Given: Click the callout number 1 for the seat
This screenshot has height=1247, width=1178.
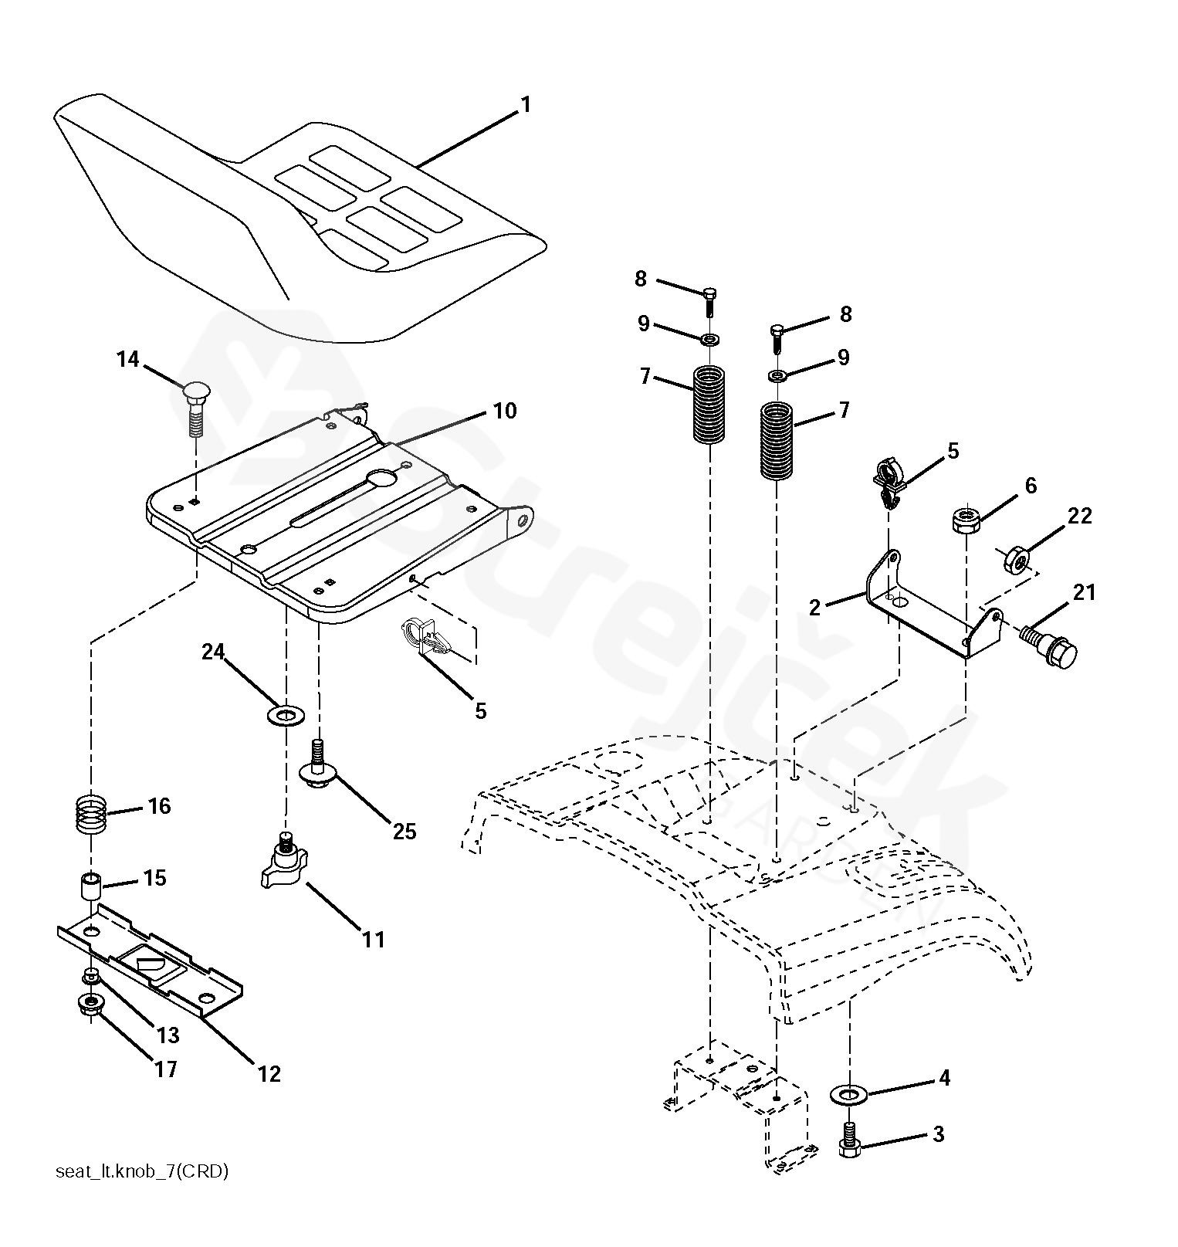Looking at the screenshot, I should pyautogui.click(x=526, y=104).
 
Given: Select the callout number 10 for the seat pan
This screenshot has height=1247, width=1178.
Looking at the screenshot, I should pyautogui.click(x=505, y=411).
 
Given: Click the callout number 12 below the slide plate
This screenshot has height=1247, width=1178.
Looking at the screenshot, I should pyautogui.click(x=269, y=1072).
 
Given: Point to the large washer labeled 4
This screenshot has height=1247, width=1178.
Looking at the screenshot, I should pyautogui.click(x=848, y=1094).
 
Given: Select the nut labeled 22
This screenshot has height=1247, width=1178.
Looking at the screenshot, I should pyautogui.click(x=1015, y=560).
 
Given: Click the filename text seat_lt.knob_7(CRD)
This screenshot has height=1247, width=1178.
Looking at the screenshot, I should pyautogui.click(x=142, y=1171).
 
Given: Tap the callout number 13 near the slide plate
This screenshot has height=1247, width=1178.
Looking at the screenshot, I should pyautogui.click(x=168, y=1035).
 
